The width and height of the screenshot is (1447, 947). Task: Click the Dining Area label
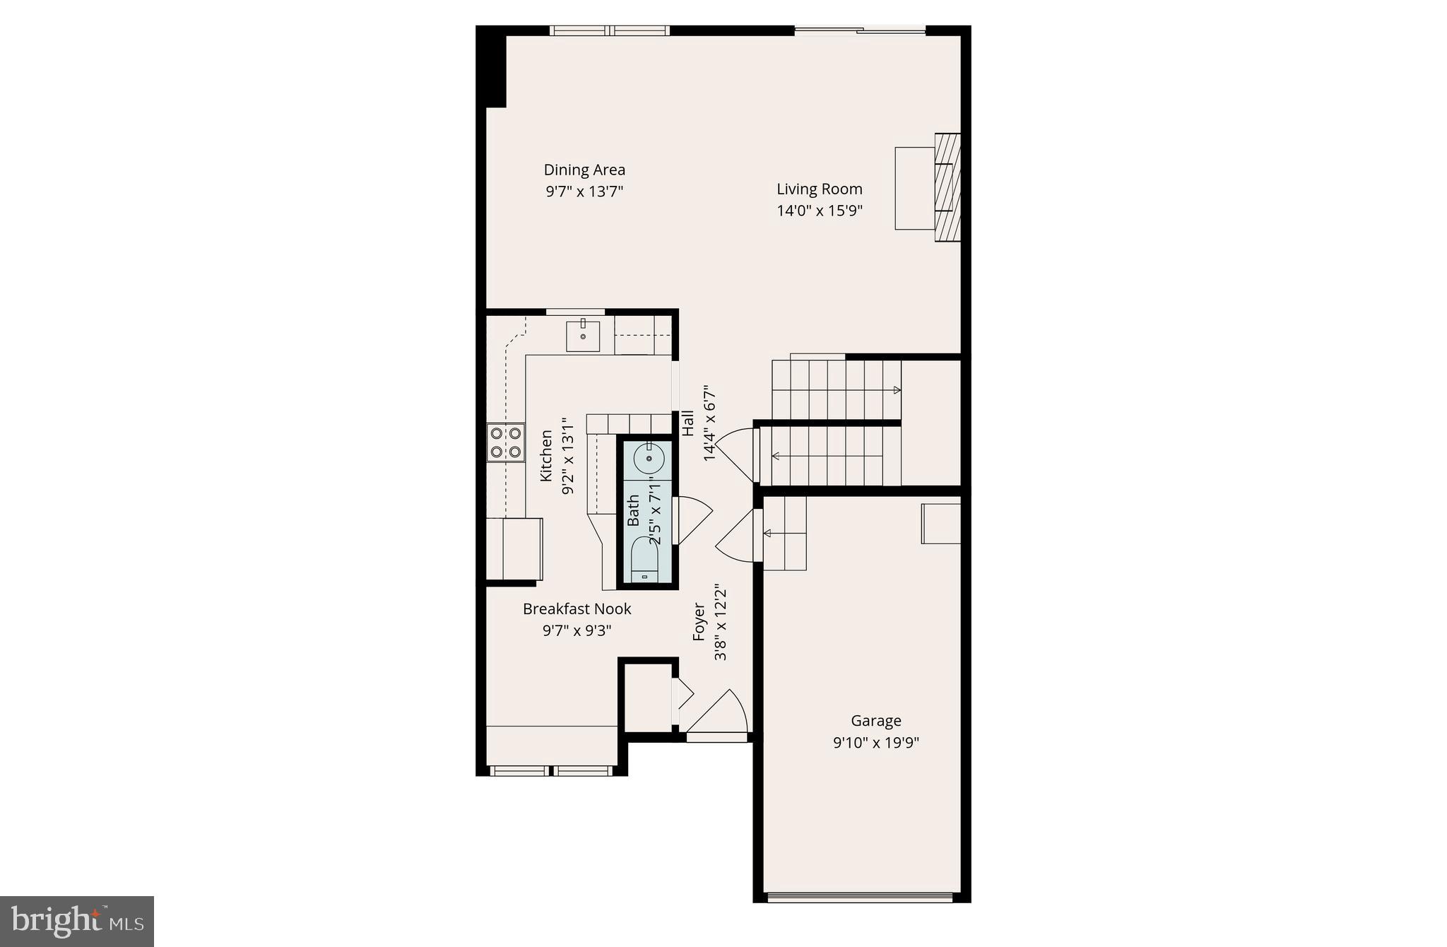click(584, 170)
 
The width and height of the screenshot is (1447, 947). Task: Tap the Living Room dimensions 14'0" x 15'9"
click(820, 211)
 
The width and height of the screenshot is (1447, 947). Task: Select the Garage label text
click(875, 721)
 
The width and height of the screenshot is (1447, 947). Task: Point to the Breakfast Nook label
click(577, 608)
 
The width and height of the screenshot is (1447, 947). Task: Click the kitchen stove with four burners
click(505, 442)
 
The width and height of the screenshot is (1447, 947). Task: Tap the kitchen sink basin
click(583, 336)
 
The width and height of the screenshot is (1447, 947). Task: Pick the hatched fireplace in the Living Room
click(947, 188)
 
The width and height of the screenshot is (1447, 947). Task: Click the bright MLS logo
click(77, 922)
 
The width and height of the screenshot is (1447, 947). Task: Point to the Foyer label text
click(699, 621)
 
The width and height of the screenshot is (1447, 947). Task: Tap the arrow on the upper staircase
click(896, 390)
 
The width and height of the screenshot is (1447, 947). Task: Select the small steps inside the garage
click(785, 534)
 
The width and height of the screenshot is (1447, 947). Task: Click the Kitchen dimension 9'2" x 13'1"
click(567, 456)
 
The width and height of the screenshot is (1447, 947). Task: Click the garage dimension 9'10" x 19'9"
click(875, 743)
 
